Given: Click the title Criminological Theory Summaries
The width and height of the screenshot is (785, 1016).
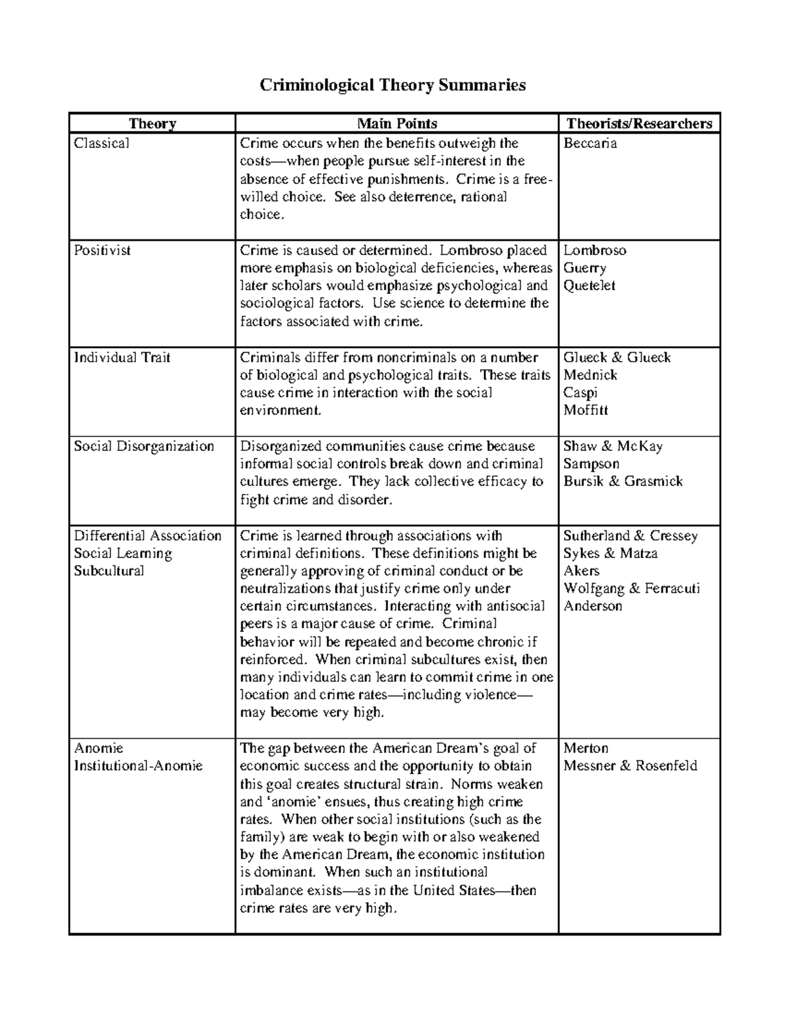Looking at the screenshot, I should pyautogui.click(x=392, y=85).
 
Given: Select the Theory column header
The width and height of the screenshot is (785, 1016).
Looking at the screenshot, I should pyautogui.click(x=152, y=124).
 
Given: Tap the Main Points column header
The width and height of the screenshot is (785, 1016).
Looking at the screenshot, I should pyautogui.click(x=396, y=124).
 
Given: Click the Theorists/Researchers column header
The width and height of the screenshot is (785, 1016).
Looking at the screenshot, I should pyautogui.click(x=638, y=124).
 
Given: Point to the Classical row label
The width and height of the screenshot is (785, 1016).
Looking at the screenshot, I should pyautogui.click(x=101, y=143).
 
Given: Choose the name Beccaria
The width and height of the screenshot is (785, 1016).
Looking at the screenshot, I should pyautogui.click(x=590, y=143).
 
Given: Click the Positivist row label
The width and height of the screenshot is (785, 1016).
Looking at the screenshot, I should pyautogui.click(x=103, y=250).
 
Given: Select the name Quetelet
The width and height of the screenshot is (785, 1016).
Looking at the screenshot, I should pyautogui.click(x=589, y=285).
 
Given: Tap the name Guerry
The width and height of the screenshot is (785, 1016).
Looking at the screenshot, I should pyautogui.click(x=585, y=268).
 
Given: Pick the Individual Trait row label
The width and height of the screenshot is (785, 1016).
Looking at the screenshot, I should pyautogui.click(x=122, y=357).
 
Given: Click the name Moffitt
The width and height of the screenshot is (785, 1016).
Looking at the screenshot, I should pyautogui.click(x=585, y=410).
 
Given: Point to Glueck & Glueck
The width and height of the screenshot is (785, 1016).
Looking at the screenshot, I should pyautogui.click(x=617, y=357).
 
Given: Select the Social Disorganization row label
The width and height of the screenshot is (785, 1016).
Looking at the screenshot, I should pyautogui.click(x=144, y=446).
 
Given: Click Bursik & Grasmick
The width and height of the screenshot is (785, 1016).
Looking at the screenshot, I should pyautogui.click(x=623, y=481).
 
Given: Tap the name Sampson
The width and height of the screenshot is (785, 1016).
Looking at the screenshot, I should pyautogui.click(x=591, y=464).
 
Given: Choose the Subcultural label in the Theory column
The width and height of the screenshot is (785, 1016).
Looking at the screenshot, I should pyautogui.click(x=109, y=570).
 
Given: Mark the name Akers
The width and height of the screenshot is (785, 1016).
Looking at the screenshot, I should pyautogui.click(x=582, y=570).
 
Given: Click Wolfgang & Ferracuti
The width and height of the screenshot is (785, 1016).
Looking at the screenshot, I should pyautogui.click(x=631, y=588).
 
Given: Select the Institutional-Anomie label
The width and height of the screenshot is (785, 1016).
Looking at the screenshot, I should pyautogui.click(x=138, y=765).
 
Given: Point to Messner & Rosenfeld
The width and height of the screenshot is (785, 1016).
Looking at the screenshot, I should pyautogui.click(x=630, y=765).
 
